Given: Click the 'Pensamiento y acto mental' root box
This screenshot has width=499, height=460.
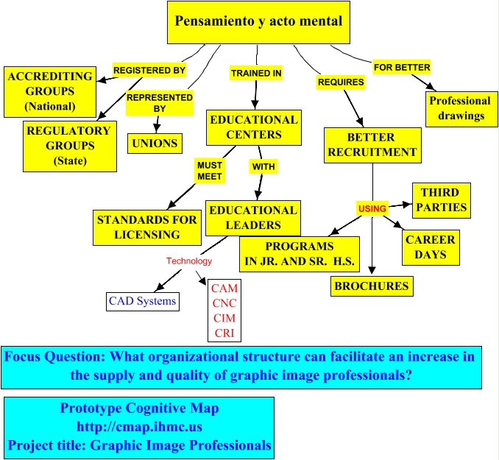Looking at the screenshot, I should click(x=258, y=21).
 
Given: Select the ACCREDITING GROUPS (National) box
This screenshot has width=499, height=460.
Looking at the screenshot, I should click(x=50, y=91).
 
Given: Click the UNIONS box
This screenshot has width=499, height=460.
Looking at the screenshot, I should click(x=155, y=143).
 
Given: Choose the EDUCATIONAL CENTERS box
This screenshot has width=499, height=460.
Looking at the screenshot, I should click(x=254, y=127).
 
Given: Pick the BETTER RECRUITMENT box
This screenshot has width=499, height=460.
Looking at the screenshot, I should click(x=372, y=144).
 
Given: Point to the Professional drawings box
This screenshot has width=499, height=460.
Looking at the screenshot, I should click(x=460, y=108).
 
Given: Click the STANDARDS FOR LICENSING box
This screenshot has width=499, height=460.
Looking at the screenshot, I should click(x=147, y=227).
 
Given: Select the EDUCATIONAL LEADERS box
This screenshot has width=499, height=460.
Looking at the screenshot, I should click(x=253, y=217).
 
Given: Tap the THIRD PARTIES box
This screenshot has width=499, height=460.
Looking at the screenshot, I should click(x=440, y=199).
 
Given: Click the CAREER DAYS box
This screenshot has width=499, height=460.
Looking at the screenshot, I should click(x=431, y=247).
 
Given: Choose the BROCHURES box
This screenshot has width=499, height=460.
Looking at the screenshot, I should click(x=371, y=286).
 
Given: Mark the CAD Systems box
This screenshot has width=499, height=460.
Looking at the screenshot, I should click(x=142, y=301).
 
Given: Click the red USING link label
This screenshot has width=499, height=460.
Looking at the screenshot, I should click(x=372, y=208).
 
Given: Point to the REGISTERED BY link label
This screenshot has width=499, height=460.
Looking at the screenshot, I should click(x=149, y=71).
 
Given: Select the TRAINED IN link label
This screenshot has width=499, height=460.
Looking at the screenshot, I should click(x=256, y=74).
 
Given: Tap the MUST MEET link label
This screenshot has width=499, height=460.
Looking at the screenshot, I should click(x=210, y=171).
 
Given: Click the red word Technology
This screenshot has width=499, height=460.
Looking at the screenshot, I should click(x=188, y=261).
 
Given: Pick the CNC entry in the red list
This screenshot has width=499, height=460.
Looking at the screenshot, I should click(x=224, y=303).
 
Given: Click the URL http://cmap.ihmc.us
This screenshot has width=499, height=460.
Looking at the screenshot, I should click(x=139, y=427).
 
